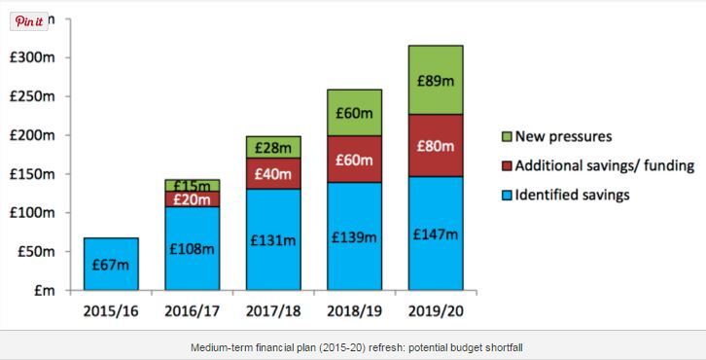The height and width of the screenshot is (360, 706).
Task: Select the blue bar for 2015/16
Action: point(110,265)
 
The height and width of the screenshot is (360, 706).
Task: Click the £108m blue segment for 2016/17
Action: point(192,248)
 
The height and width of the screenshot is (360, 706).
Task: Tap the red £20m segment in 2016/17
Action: point(192,198)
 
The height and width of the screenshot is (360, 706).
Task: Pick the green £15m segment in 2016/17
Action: point(192,185)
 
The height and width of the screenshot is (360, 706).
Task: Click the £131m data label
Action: point(272,239)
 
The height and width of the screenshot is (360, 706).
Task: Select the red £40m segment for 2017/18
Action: point(272,174)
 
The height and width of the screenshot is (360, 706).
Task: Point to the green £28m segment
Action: point(272,148)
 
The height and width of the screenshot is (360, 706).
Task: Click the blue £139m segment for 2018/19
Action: point(354,236)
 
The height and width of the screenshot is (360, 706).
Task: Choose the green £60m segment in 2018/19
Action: point(354,113)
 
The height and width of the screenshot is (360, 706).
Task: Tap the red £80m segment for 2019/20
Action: point(435,146)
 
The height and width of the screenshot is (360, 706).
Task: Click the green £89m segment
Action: point(435,80)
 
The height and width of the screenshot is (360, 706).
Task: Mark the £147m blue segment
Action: point(435,234)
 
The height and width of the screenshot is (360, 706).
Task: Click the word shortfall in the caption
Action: point(502,346)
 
